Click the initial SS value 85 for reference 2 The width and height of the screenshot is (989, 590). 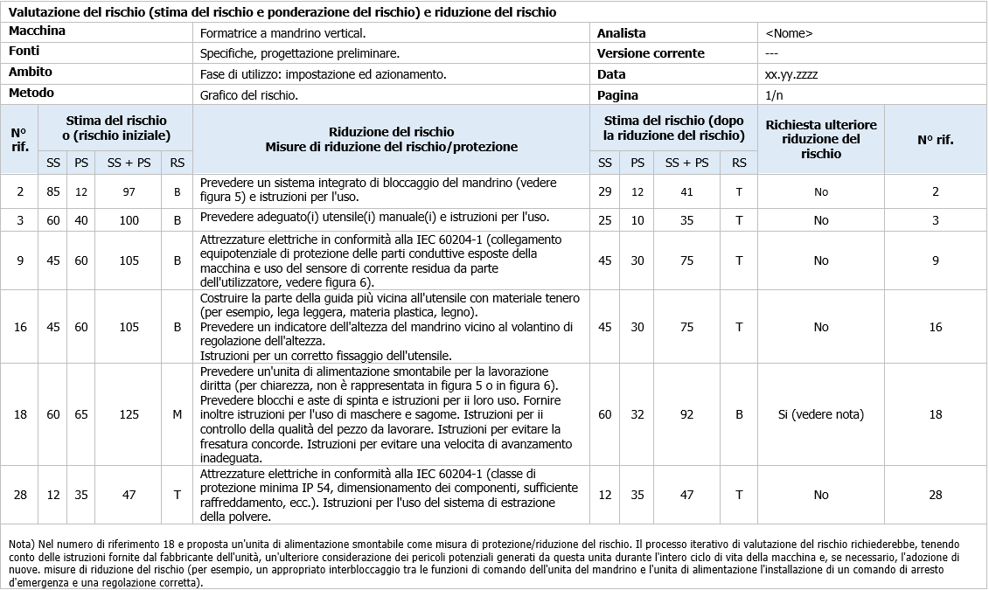pos(53,191)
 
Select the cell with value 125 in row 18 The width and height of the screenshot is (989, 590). pos(129,414)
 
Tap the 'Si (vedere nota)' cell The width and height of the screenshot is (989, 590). pos(820,414)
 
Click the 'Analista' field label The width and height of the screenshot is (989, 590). pos(621,33)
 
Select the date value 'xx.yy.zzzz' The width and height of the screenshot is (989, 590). pos(791,74)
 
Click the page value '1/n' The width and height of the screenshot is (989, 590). pos(773,95)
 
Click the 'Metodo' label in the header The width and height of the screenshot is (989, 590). pos(31,93)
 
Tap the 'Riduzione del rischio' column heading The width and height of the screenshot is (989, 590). pos(391,130)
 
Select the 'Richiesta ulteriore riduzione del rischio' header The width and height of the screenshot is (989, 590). pos(820,139)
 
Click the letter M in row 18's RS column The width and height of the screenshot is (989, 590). pos(178,414)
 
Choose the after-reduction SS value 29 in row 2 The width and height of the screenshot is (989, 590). pos(605,191)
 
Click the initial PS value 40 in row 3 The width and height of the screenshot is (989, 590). pos(81,220)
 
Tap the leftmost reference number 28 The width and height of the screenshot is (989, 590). pos(20,495)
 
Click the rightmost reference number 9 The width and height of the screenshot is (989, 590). pos(935,260)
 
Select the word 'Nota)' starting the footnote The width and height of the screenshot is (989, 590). pos(22,544)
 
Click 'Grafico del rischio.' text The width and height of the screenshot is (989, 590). pos(249,95)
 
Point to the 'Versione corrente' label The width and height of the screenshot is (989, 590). pos(650,53)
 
